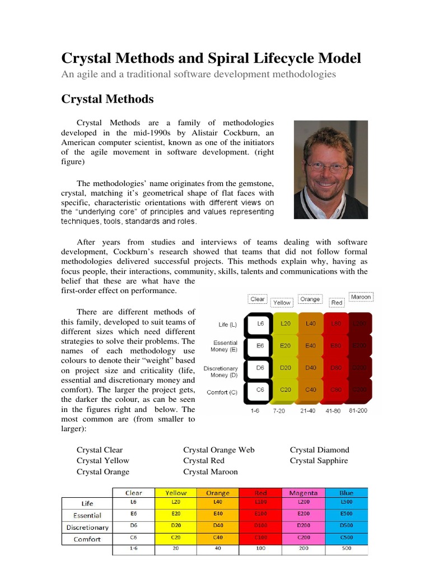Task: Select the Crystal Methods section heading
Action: (x=107, y=99)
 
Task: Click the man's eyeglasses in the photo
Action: (x=330, y=166)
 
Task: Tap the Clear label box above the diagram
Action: (x=258, y=299)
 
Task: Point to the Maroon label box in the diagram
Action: (x=361, y=296)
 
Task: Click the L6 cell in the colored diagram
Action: (x=260, y=324)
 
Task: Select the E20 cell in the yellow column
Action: (x=286, y=346)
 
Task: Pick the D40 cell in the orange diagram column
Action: (x=311, y=368)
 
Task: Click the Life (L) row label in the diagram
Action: (x=228, y=325)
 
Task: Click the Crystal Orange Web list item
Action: (x=219, y=450)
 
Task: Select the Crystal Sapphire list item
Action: (x=319, y=460)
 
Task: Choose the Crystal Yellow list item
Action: (x=103, y=460)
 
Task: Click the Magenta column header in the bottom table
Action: (x=303, y=493)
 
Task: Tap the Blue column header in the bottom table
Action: (x=346, y=493)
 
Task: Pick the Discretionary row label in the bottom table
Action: (x=87, y=527)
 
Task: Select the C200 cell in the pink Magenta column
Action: (x=303, y=537)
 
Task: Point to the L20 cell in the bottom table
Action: (x=176, y=502)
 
